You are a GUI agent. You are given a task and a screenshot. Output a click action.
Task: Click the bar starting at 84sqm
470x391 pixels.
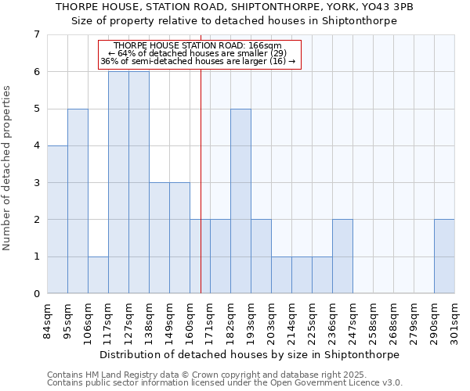[x=57, y=220]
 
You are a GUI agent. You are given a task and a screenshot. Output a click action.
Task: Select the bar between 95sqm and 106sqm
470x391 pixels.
[x=78, y=201]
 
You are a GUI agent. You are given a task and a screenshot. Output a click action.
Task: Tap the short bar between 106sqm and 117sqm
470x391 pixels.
[x=98, y=275]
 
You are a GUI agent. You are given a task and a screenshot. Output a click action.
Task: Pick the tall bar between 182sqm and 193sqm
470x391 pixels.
[x=240, y=201]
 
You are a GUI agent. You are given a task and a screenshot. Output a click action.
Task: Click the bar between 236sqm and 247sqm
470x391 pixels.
[x=342, y=256]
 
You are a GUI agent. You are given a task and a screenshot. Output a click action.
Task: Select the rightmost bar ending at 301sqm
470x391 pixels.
[x=444, y=256]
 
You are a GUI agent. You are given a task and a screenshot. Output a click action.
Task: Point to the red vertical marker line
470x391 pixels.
[x=201, y=180]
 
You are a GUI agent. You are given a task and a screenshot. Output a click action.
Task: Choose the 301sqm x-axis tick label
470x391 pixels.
[x=455, y=321]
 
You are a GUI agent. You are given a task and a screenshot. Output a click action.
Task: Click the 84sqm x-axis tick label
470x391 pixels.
[x=48, y=321]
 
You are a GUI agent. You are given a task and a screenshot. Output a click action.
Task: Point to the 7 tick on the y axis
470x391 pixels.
[x=37, y=34]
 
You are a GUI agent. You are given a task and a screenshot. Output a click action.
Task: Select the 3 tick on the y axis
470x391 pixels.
[x=37, y=183]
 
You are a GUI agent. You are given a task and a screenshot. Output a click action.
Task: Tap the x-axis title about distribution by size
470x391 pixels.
[x=251, y=354]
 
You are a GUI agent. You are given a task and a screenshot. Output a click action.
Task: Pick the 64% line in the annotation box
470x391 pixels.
[x=201, y=53]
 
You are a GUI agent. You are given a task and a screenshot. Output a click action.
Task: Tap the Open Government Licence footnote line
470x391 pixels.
[x=225, y=383]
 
